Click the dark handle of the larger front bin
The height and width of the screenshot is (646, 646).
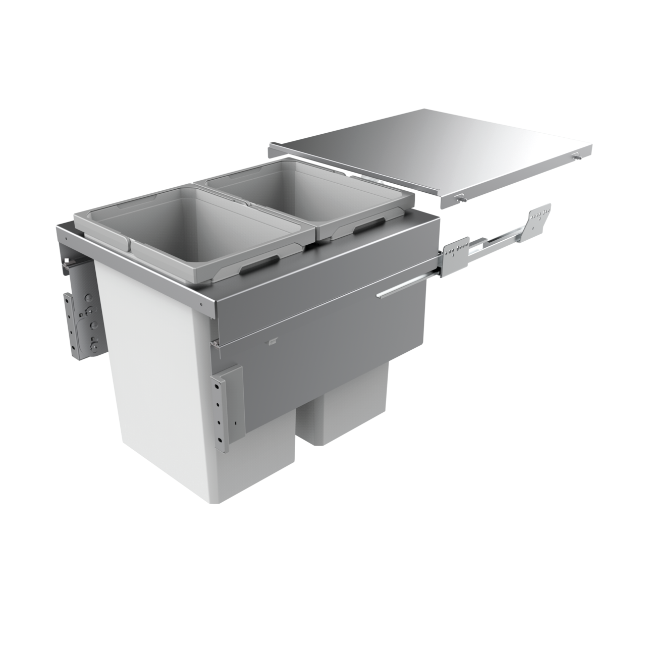(x=260, y=263)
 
